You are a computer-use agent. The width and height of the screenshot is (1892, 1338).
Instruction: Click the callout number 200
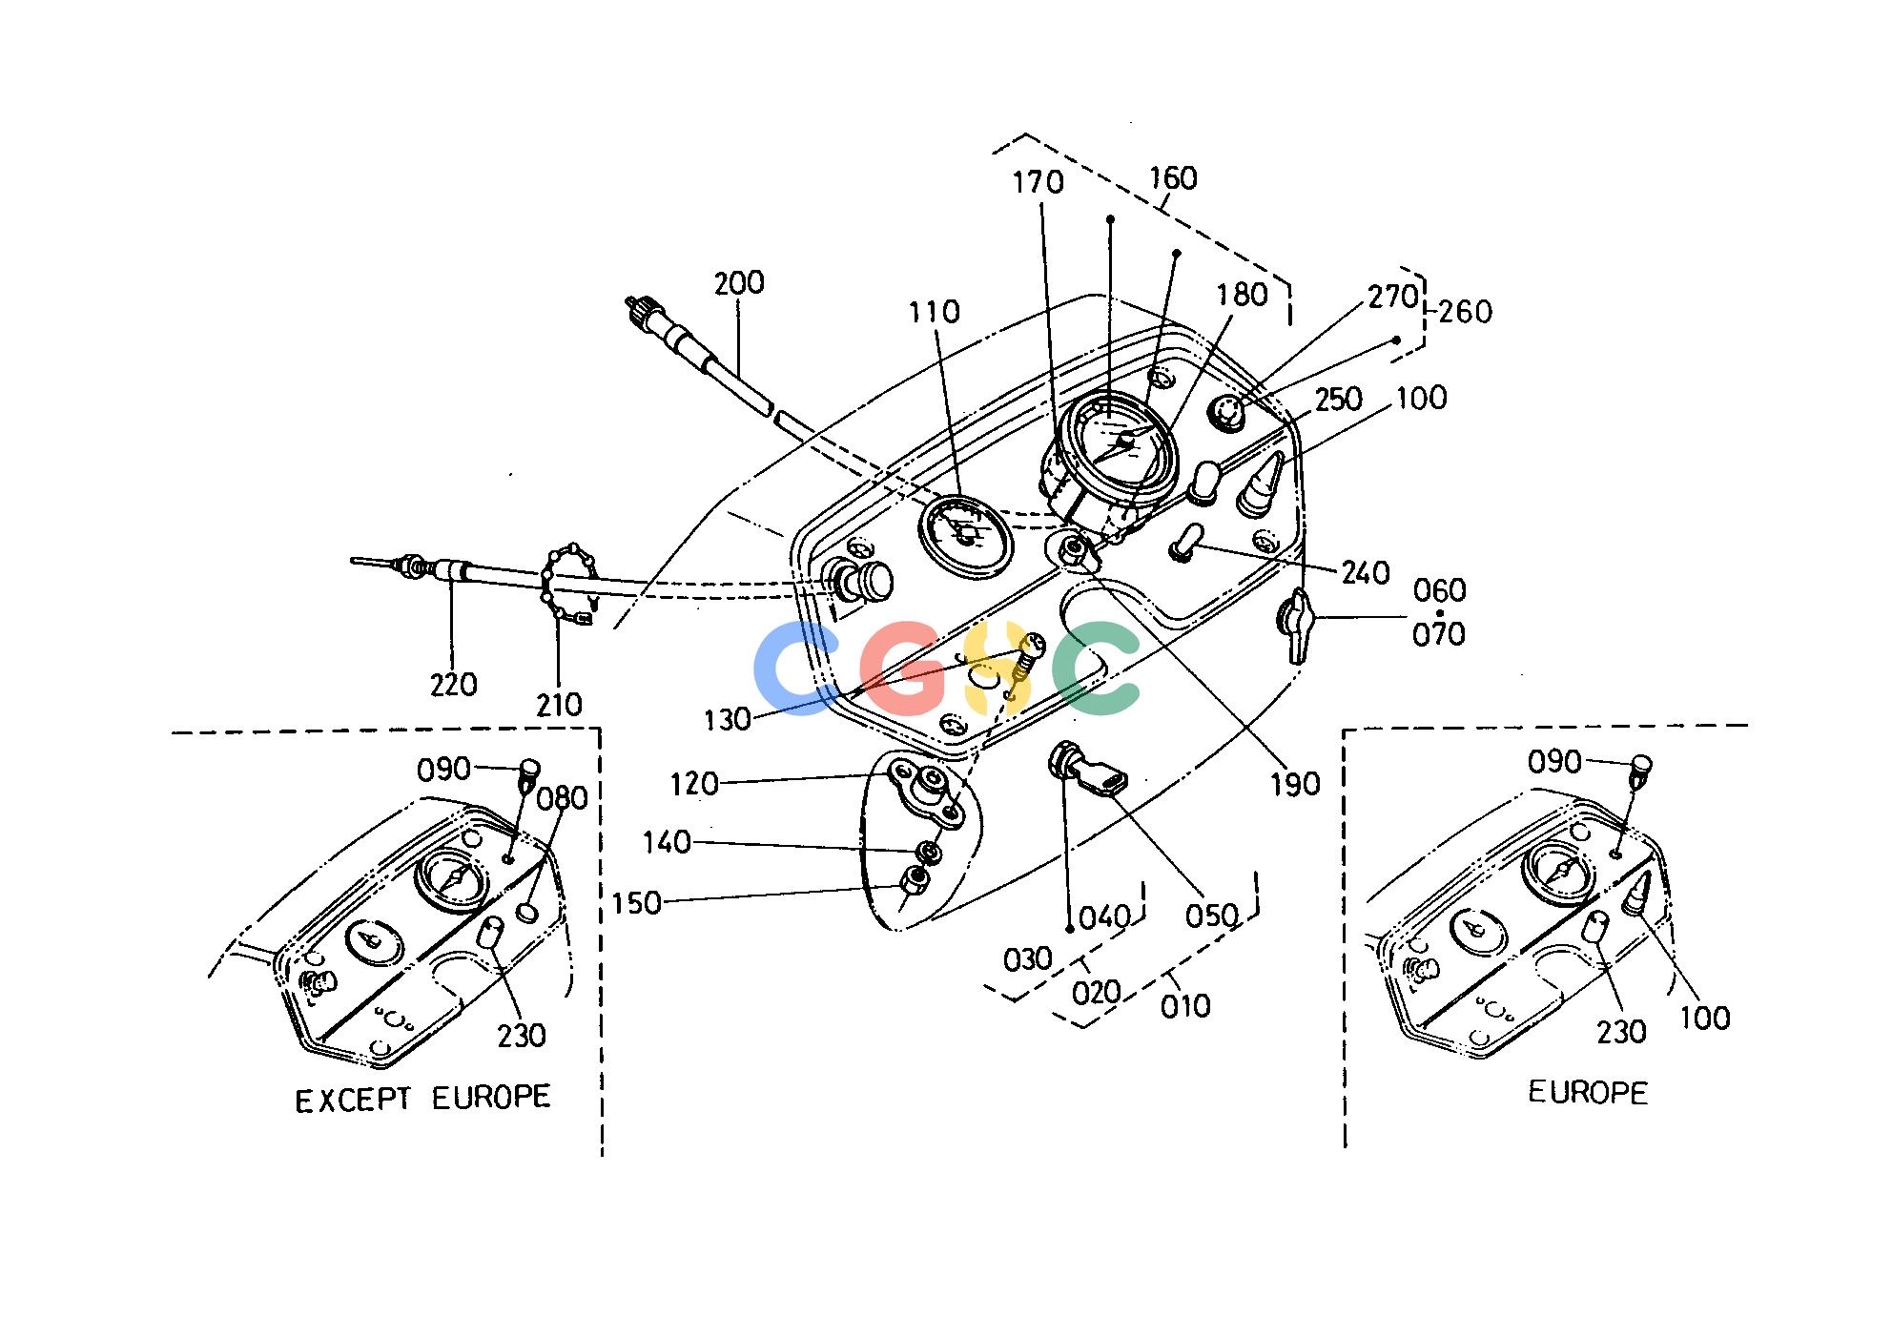(x=739, y=283)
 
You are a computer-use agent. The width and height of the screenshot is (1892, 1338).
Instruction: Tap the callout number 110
(x=936, y=312)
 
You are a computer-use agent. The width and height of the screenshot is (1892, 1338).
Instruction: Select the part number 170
(x=1039, y=181)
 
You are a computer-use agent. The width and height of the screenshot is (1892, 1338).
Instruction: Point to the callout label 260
(x=1465, y=311)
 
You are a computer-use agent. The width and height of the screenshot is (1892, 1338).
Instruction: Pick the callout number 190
(x=1295, y=784)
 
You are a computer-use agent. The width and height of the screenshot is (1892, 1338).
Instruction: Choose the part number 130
(x=729, y=720)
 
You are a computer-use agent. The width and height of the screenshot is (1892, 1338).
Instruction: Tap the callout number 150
(x=637, y=902)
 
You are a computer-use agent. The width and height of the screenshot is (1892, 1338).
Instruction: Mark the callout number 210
(x=559, y=705)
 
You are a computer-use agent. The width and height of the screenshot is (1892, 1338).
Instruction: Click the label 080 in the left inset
(x=563, y=796)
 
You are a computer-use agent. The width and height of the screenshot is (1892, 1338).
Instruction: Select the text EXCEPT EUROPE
(x=422, y=1099)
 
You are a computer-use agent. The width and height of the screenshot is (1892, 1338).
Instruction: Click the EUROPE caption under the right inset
(x=1588, y=1092)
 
